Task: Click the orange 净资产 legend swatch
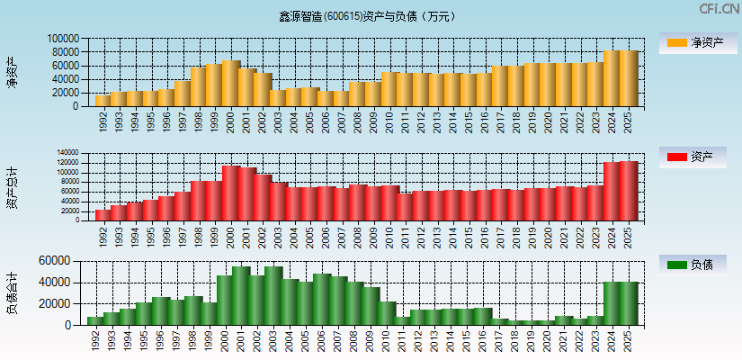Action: (x=675, y=43)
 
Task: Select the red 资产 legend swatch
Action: (x=675, y=157)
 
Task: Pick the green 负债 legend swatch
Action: (x=675, y=265)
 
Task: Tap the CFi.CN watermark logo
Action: (x=720, y=8)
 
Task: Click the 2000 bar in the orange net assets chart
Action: (x=231, y=83)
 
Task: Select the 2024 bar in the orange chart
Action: (x=612, y=78)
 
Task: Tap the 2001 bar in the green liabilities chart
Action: (x=241, y=295)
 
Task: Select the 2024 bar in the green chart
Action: (x=612, y=303)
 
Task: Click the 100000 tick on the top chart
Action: (x=64, y=40)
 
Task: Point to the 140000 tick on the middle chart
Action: (x=67, y=153)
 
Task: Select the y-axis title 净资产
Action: (x=12, y=72)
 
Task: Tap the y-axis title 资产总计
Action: (x=12, y=186)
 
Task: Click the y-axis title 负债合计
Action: (x=12, y=292)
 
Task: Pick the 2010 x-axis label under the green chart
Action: (x=387, y=341)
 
